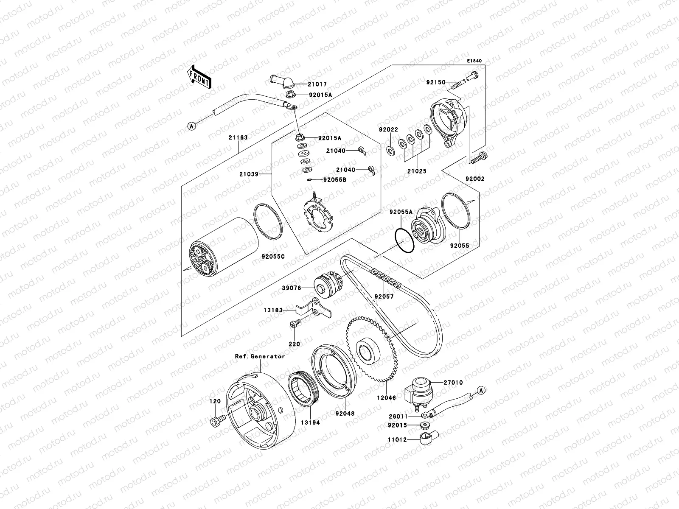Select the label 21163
[x=238, y=137]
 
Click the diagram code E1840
[x=475, y=61]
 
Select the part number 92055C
[x=273, y=257]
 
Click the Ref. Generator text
[x=260, y=356]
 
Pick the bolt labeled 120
[x=215, y=421]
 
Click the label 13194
[x=311, y=422]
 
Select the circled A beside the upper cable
[x=192, y=126]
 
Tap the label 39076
[x=291, y=288]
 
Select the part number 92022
[x=388, y=130]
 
